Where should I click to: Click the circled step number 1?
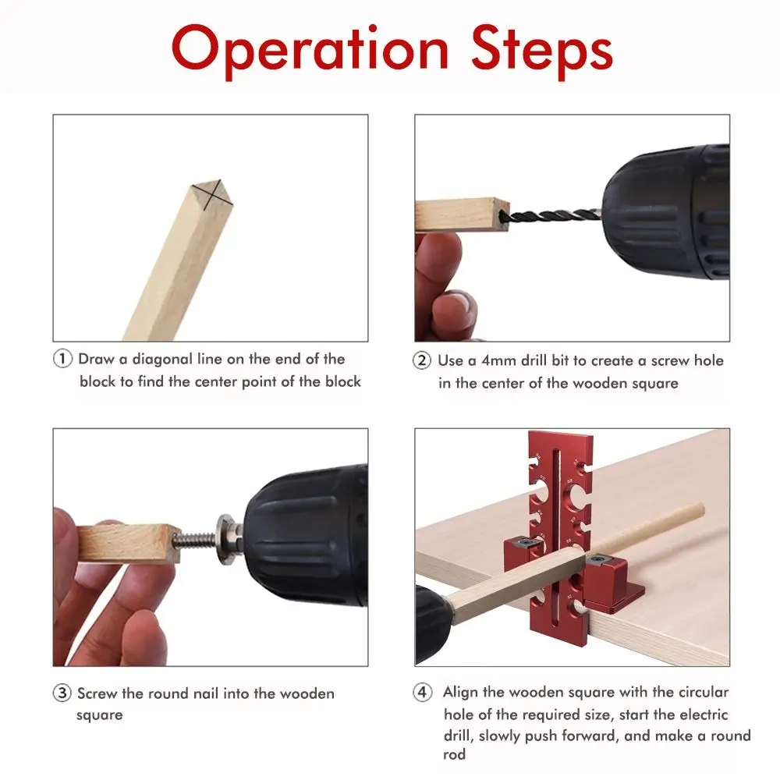tap(62, 360)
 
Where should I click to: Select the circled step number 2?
tap(421, 361)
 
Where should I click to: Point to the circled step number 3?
tap(62, 693)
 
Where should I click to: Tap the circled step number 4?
tap(421, 693)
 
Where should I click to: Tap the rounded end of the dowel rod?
tap(696, 511)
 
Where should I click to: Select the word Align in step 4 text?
tap(461, 693)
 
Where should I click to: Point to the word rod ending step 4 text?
tap(455, 755)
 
